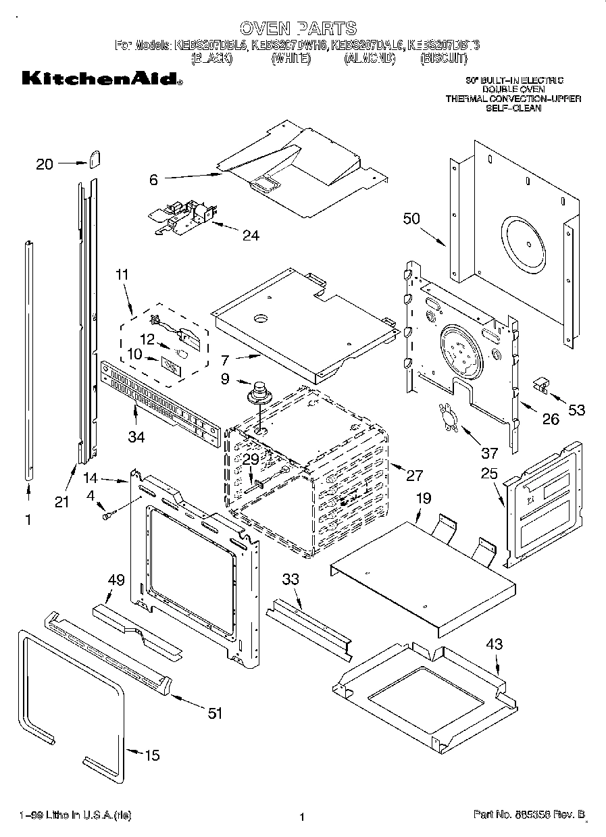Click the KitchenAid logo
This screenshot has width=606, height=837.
point(102,80)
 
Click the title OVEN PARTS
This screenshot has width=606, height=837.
point(298,28)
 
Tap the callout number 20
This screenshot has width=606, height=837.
point(44,163)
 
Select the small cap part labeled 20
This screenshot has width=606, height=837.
point(93,159)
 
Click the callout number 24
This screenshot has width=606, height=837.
point(250,236)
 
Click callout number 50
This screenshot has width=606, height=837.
point(411,218)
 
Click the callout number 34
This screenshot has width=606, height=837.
point(136,437)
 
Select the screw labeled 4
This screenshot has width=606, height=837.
point(107,516)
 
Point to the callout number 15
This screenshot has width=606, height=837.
point(153,755)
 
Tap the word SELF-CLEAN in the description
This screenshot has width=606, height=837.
point(513,108)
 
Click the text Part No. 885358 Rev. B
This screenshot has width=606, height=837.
point(529,816)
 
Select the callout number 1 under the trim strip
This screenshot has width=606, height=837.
point(28,520)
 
